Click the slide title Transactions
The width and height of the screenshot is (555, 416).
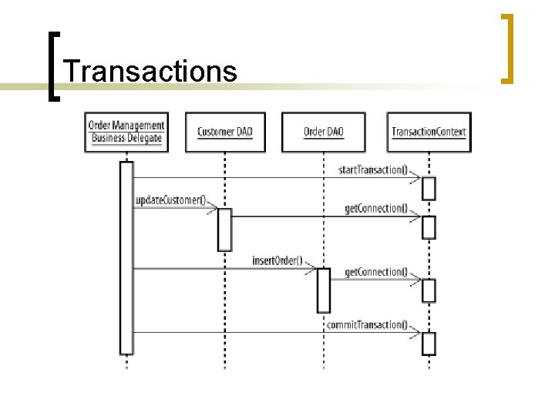150,71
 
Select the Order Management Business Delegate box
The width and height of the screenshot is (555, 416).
126,132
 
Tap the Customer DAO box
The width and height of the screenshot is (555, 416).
225,132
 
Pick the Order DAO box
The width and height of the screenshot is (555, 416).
324,132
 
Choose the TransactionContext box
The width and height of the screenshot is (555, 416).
429,132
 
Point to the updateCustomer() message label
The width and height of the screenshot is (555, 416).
170,201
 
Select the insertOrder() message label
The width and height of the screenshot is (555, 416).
277,260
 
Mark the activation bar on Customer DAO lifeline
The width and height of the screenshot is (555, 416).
224,230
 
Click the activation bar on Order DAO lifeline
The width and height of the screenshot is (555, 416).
324,290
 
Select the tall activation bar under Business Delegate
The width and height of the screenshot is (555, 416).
126,258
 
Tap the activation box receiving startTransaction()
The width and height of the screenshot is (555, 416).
429,189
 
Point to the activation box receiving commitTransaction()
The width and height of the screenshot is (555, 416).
429,344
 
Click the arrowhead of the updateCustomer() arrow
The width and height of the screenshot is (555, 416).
212,208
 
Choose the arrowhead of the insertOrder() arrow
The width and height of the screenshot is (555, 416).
311,268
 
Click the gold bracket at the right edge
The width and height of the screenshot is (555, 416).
507,48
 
